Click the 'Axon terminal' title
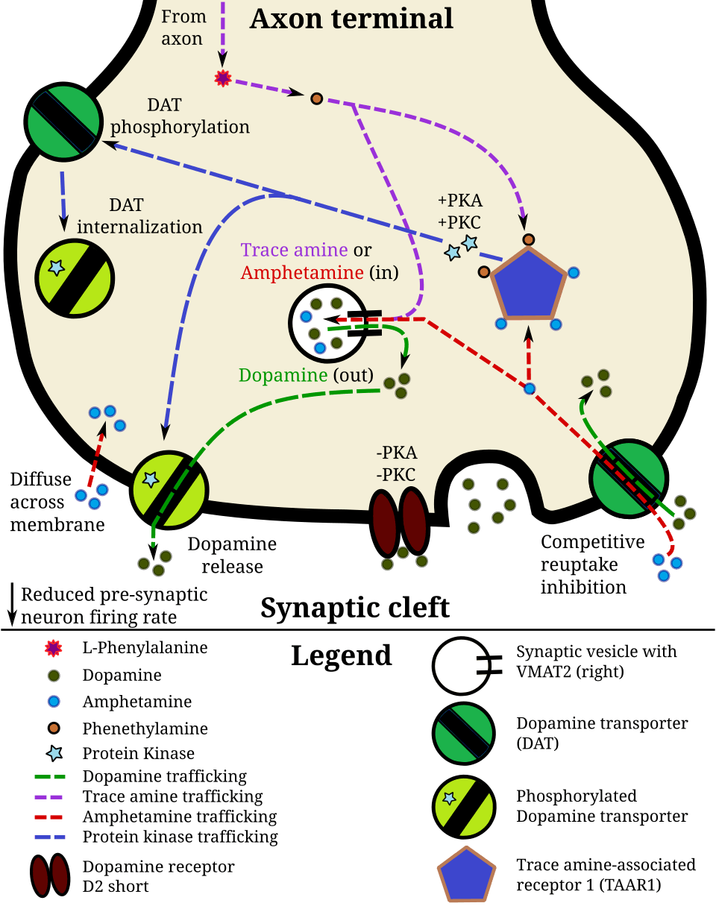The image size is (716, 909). [351, 18]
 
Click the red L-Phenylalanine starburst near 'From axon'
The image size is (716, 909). [222, 77]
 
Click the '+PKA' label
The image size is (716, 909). [460, 201]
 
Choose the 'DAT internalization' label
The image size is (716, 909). [139, 216]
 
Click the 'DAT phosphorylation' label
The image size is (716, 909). [180, 117]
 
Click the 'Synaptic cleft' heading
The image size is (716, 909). [354, 608]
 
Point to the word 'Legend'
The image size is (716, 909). [341, 655]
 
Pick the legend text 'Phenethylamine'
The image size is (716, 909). [145, 728]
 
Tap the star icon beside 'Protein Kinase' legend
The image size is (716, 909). [53, 753]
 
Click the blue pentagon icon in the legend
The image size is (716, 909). [466, 875]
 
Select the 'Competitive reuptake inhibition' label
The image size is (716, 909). [582, 564]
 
